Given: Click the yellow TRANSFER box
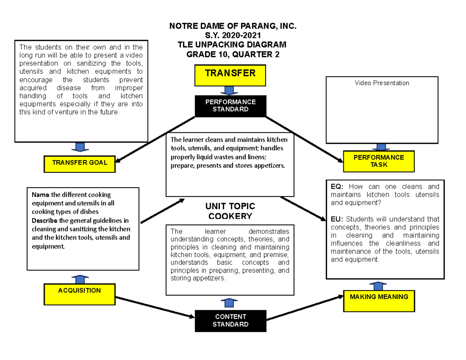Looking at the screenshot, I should [x=231, y=75].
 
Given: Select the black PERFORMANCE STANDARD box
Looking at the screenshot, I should [x=231, y=106].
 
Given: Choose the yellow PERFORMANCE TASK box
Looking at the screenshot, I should [x=379, y=161].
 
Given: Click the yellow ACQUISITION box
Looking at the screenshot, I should [x=80, y=294].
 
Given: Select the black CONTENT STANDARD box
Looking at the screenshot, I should [x=231, y=321].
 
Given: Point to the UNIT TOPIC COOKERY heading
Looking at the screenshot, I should [x=230, y=211].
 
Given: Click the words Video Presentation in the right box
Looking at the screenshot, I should [x=382, y=83].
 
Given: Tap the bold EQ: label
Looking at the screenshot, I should [x=337, y=187].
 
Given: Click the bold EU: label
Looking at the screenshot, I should [x=337, y=219].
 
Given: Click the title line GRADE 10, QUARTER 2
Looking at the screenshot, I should [x=233, y=54].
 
